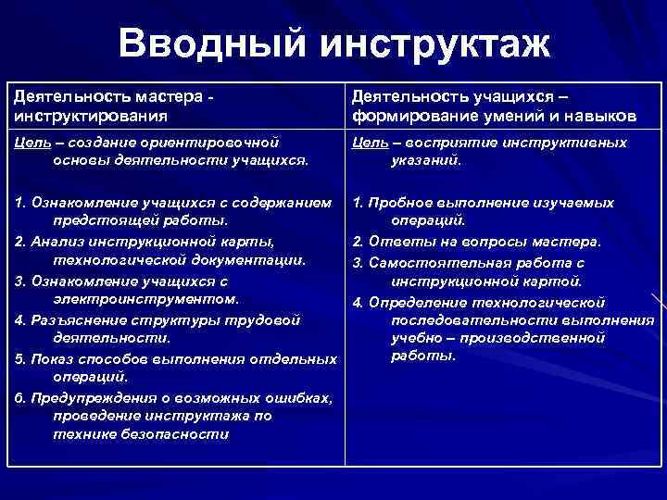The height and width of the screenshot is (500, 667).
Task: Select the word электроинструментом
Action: click(139, 299)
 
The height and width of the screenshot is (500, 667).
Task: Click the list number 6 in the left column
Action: click(19, 397)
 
